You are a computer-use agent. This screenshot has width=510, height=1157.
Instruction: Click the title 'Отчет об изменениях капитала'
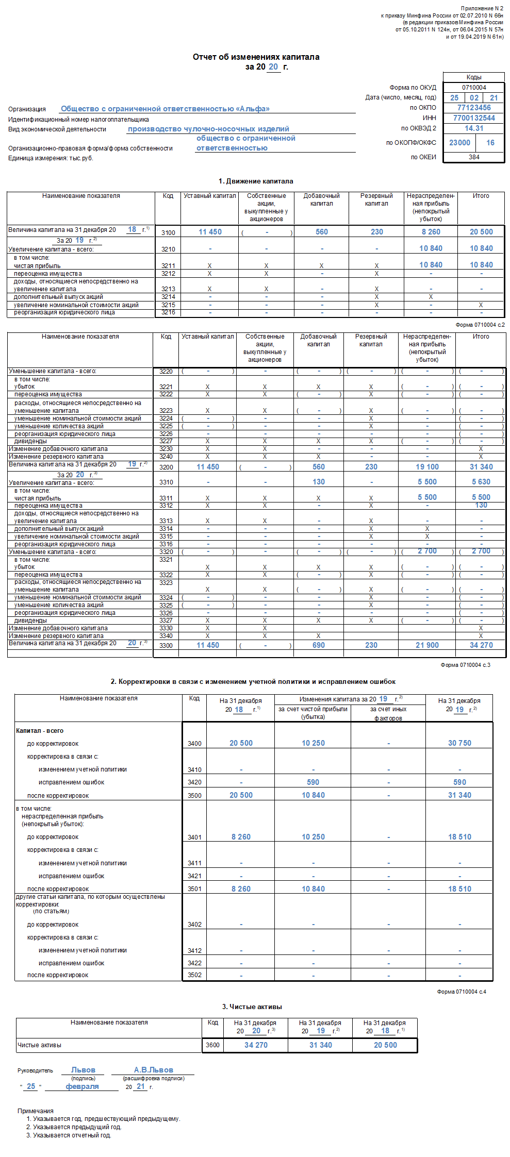point(256,57)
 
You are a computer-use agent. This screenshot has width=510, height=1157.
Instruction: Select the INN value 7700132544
point(474,118)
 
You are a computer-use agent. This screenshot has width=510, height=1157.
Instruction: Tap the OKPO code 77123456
point(474,108)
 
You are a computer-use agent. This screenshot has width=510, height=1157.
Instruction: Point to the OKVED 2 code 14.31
point(474,128)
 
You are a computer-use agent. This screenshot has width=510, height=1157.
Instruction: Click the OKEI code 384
point(474,157)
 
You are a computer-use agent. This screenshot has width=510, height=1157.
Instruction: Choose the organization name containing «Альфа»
point(165,109)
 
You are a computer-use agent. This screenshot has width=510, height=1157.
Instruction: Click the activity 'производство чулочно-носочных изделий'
point(208,129)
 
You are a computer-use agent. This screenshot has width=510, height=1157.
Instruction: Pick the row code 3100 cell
point(168,232)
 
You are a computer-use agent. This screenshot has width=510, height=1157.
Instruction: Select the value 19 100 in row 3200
point(427,467)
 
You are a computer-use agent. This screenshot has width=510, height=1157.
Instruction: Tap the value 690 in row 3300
point(319,645)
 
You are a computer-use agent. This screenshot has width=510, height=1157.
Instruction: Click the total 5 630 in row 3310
point(481,482)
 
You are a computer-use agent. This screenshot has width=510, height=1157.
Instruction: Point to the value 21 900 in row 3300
point(427,645)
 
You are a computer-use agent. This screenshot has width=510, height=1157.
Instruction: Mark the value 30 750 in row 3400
point(459,743)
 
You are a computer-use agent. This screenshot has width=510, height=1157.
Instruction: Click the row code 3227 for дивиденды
point(166,441)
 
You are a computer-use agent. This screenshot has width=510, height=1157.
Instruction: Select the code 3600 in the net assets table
point(212,1045)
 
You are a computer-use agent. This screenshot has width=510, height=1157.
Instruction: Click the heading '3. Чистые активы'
point(252,1007)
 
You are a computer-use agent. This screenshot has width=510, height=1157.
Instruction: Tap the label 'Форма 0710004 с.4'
point(461,991)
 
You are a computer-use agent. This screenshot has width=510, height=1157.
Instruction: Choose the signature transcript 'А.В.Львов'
point(153,1070)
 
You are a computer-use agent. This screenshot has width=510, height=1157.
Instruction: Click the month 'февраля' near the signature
point(82,1086)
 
